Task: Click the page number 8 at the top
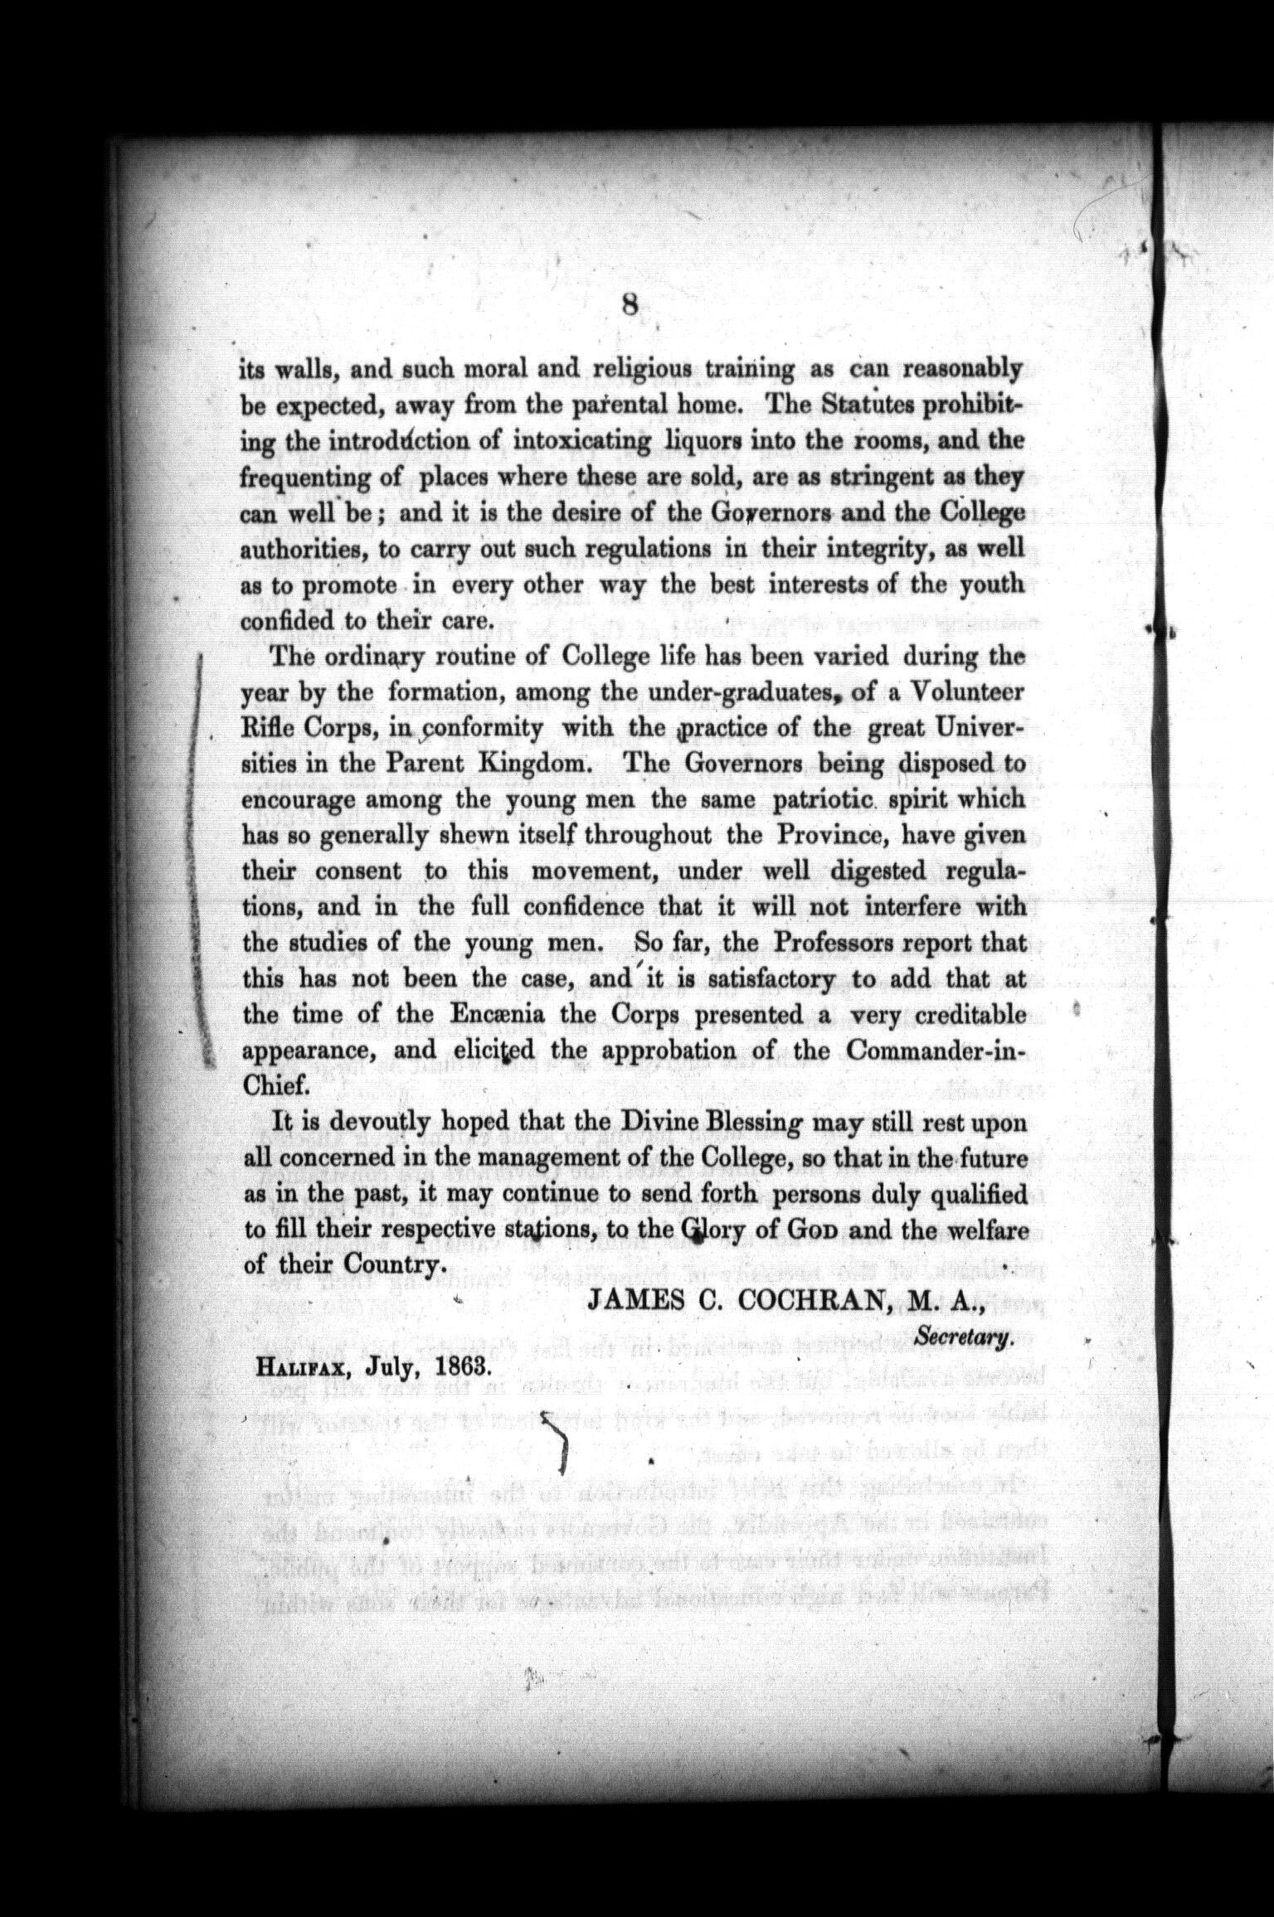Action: point(630,307)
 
